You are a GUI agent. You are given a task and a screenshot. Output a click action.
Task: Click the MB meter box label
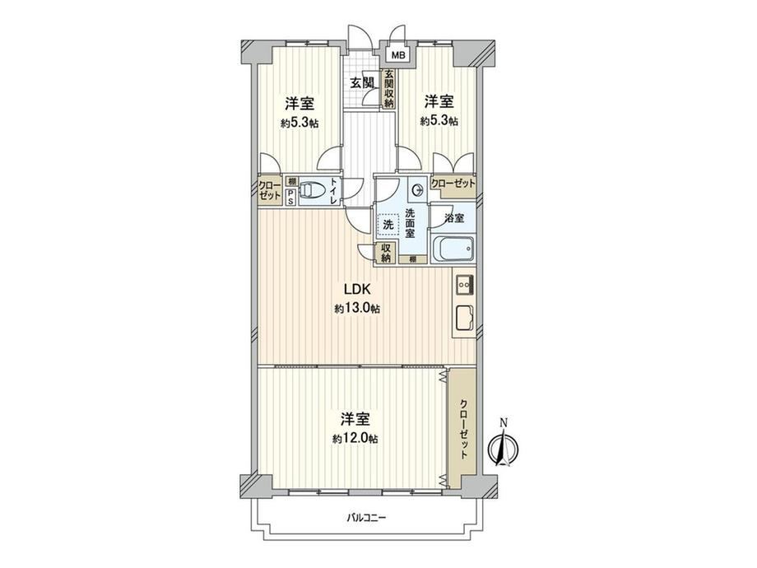397,55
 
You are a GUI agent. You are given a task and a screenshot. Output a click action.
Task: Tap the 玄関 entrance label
362,82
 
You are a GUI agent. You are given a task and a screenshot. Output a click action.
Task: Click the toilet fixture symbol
313,190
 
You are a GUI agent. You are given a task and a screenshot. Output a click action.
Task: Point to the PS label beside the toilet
290,197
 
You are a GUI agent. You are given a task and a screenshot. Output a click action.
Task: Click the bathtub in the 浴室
453,249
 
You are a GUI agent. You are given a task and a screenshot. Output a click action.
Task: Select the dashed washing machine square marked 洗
388,225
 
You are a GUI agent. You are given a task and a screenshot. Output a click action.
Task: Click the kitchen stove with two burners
464,284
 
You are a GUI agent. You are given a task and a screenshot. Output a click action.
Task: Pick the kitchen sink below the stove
464,319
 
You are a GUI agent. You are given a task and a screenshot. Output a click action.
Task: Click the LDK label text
357,289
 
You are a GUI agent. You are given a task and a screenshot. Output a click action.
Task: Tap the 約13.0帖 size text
357,309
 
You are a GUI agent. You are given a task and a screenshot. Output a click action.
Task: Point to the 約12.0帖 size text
355,439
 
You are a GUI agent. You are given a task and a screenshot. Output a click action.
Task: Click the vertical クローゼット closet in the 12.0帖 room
462,429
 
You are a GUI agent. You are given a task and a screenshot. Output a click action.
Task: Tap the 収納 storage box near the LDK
386,253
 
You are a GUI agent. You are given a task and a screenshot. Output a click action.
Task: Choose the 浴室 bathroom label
454,218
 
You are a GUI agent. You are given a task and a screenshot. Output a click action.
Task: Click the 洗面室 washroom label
410,222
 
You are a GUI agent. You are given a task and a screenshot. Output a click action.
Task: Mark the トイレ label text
333,191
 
